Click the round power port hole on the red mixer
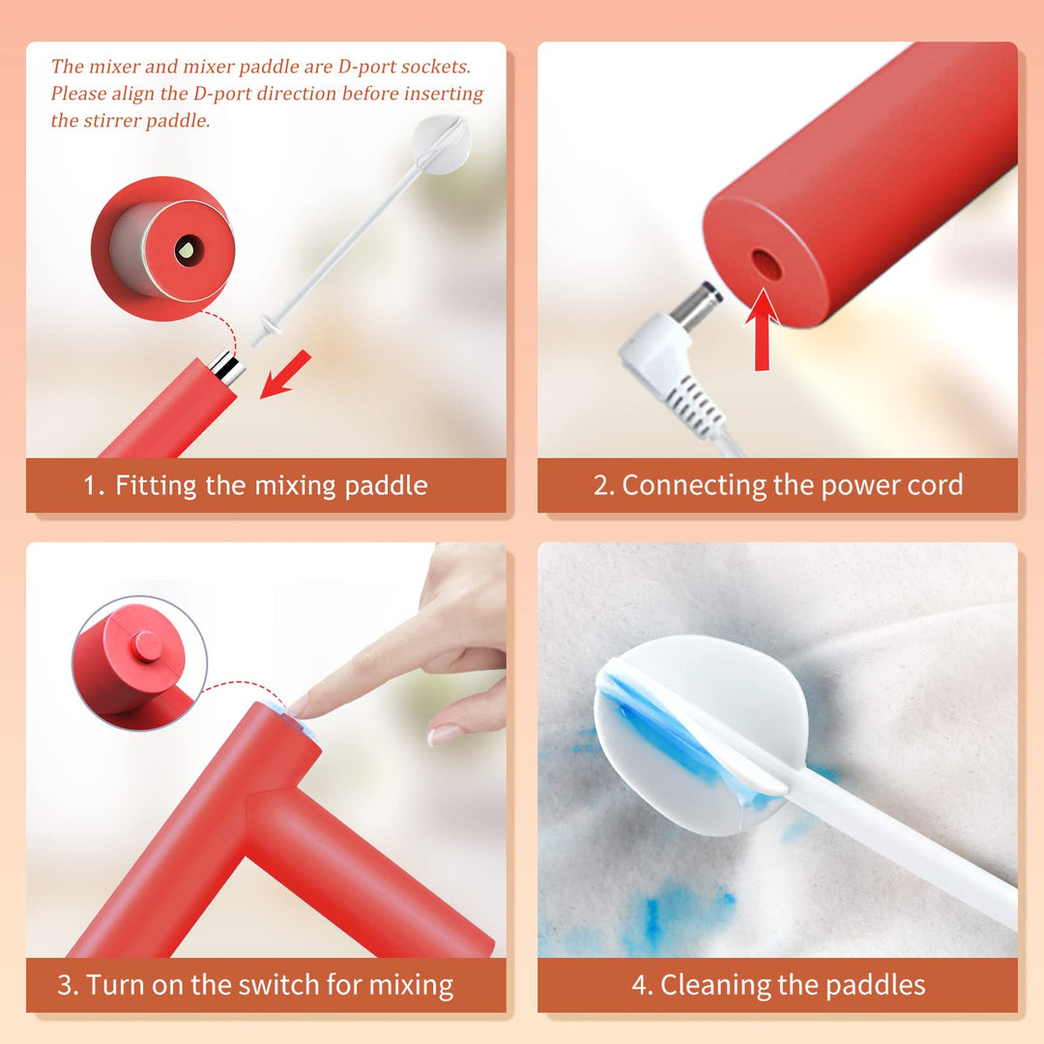pyautogui.click(x=767, y=264)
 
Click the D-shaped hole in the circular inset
pyautogui.click(x=188, y=250)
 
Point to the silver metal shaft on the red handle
pyautogui.click(x=226, y=367)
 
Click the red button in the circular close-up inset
pyautogui.click(x=147, y=646)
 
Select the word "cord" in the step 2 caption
pyautogui.click(x=930, y=485)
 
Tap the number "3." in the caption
pyautogui.click(x=68, y=985)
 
